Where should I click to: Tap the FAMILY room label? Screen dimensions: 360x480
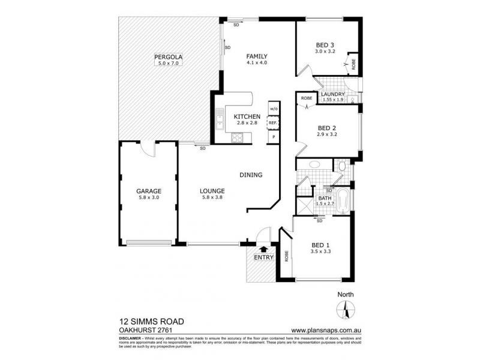[256, 56]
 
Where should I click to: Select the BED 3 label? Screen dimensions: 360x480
[325, 45]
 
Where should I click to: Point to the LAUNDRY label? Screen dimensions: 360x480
[332, 94]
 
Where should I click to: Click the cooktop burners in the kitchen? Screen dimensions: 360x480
[237, 137]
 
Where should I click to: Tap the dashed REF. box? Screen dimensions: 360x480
[273, 123]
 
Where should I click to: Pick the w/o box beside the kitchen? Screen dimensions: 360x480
[273, 109]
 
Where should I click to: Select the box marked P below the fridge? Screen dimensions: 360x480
[273, 137]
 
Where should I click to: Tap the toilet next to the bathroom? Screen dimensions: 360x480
[341, 166]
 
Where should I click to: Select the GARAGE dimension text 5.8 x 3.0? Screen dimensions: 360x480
[148, 198]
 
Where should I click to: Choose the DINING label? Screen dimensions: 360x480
[251, 175]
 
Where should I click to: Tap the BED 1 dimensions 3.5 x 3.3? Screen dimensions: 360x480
[320, 251]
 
